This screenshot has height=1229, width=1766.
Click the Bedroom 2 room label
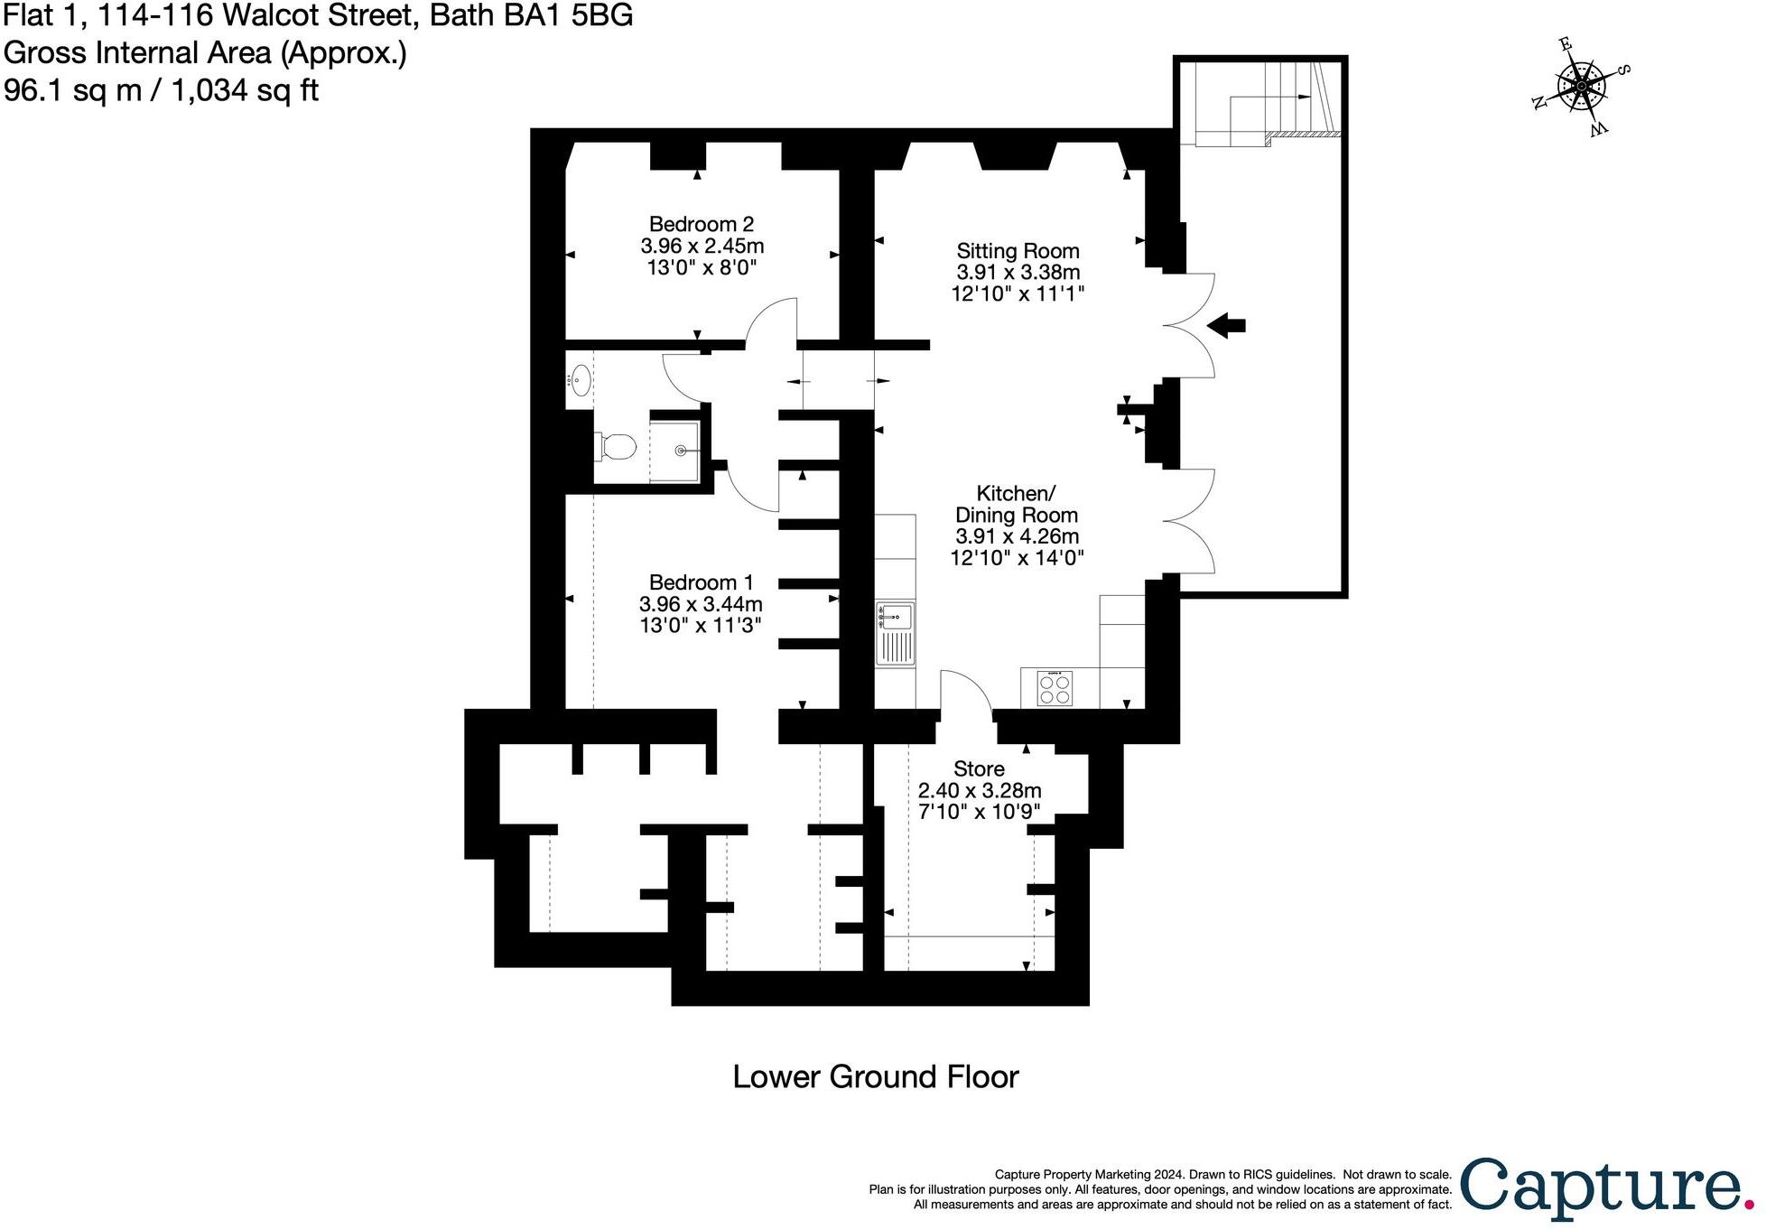coord(702,224)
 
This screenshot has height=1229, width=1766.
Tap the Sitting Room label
coord(1018,251)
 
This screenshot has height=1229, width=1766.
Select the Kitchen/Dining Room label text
coord(1017,504)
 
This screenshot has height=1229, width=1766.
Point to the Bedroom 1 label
coord(701,582)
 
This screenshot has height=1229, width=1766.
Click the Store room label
coord(979,769)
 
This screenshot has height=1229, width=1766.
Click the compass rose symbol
coord(1581,87)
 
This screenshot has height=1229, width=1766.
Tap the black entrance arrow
coord(1226,325)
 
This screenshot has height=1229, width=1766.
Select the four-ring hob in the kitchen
coord(1055,689)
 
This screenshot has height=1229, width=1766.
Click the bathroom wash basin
coord(579,381)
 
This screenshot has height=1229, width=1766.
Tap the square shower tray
coord(674,451)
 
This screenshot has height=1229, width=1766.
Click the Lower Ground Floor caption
coord(875,1076)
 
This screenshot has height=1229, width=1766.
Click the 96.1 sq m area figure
coord(72,90)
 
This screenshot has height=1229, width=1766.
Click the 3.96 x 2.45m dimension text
coord(702,246)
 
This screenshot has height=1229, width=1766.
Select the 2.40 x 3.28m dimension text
coord(979,790)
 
